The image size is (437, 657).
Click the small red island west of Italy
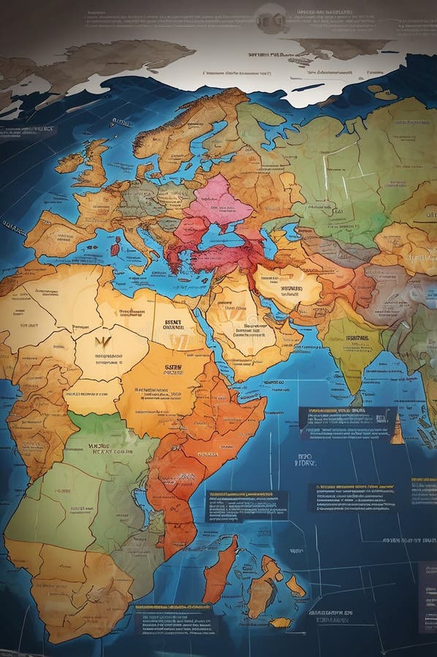[115, 249]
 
